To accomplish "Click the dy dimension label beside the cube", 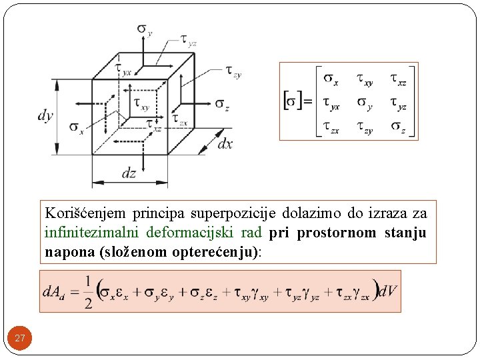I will (x=45, y=115).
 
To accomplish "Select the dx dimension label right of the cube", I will (x=225, y=144).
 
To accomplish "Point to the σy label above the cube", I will (x=145, y=29).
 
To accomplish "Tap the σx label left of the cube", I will (x=76, y=127).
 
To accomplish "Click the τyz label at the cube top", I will (x=189, y=41).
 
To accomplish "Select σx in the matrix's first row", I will (x=331, y=79).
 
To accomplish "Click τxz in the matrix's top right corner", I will (x=398, y=79).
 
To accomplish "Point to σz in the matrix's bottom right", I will (x=398, y=127).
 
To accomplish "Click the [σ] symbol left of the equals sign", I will (x=292, y=101).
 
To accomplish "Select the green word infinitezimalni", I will (x=87, y=233).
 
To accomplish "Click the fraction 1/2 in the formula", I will (x=87, y=292).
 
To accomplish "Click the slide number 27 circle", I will (x=20, y=339).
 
